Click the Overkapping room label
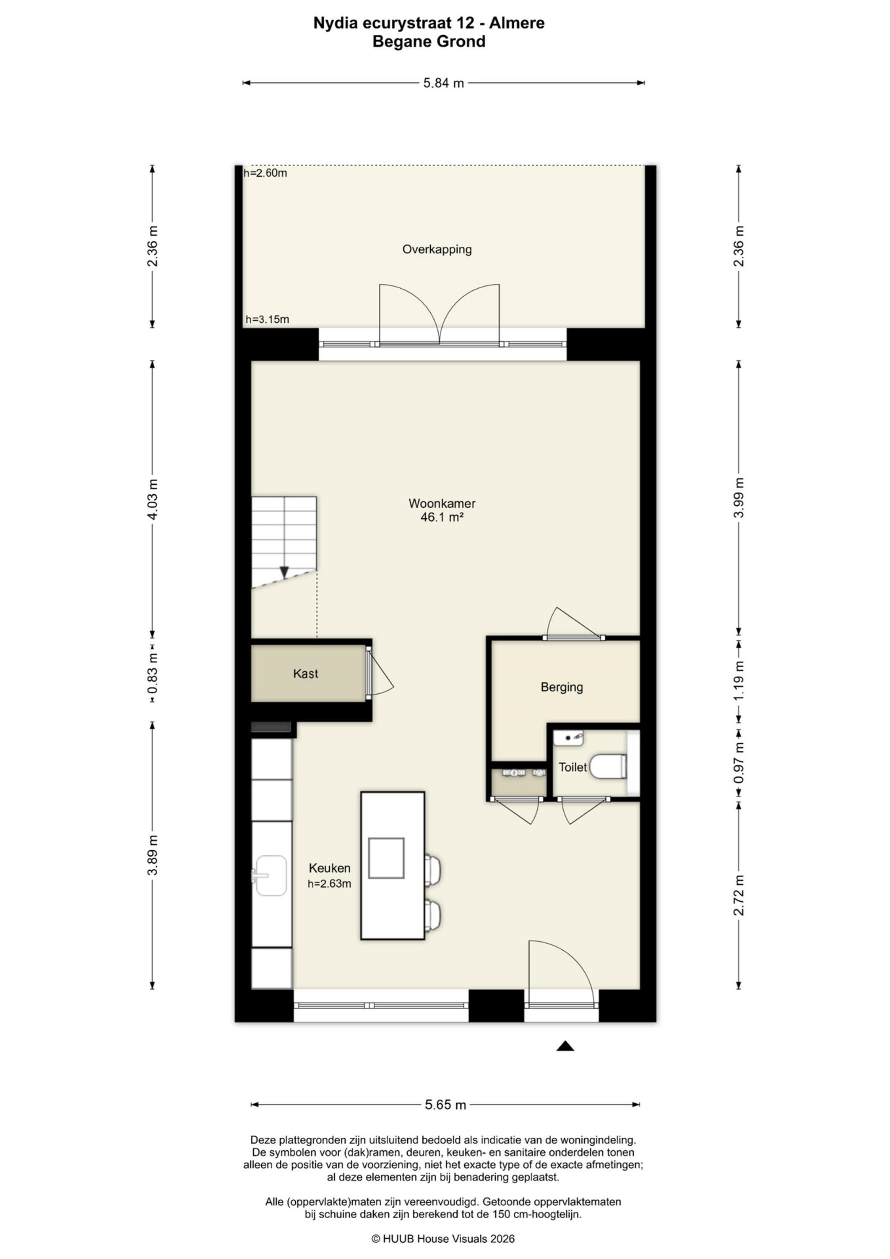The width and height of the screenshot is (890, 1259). coord(437,250)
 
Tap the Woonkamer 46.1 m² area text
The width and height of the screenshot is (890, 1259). coord(442,510)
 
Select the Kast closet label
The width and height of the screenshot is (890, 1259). coord(305,674)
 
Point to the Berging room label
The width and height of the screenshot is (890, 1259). coord(562,687)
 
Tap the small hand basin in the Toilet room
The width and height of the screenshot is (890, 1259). coord(568,738)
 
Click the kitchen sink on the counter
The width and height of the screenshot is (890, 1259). coord(270,875)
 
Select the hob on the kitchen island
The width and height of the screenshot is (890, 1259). coord(386,858)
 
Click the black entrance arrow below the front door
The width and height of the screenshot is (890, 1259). coord(565,1046)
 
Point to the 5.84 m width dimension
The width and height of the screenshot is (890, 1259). coord(443,84)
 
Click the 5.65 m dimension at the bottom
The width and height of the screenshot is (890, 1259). coord(445,1105)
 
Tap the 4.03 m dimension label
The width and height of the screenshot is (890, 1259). coord(153,499)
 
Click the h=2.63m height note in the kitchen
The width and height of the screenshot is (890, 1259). coord(329,883)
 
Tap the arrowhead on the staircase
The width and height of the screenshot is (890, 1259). coord(284,572)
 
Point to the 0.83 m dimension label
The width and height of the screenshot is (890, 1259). coord(153,672)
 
